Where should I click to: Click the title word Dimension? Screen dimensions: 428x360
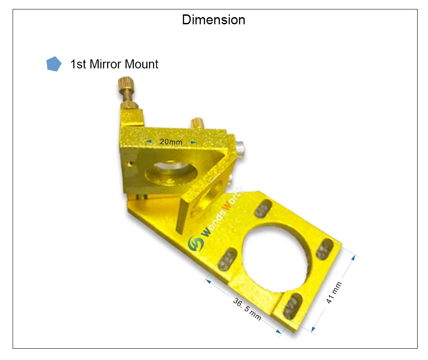point(214,20)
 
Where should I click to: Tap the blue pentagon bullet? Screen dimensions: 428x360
point(54,64)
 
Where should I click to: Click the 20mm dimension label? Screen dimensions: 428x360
point(171,142)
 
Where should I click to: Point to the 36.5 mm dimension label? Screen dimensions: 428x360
point(247,309)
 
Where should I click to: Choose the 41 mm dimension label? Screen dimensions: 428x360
point(334,292)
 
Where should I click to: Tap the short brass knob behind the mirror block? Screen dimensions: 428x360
point(197,123)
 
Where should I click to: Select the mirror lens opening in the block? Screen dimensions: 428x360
point(171,173)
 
